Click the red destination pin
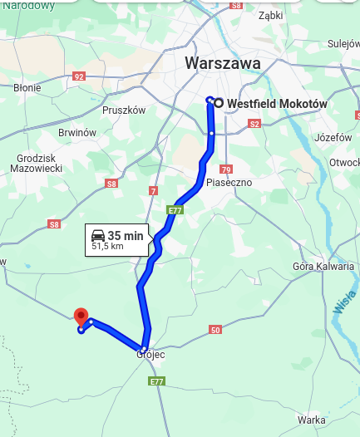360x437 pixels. pos(81,317)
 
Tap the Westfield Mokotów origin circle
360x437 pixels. pos(218,103)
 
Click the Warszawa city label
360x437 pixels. pos(223,63)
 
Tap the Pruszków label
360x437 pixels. pos(124,110)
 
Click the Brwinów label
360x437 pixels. pos(77,133)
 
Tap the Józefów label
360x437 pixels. pos(333,137)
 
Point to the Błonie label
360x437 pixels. pos(27,87)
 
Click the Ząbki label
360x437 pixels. pos(271,15)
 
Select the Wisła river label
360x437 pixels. pos(345,300)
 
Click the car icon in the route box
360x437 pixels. pos(98,235)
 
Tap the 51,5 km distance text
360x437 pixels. pos(107,247)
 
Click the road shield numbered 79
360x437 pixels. pos(225,169)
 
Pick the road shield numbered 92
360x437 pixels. pos(79,76)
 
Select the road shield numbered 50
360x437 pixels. pos(216,331)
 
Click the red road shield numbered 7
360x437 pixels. pos(152,191)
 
